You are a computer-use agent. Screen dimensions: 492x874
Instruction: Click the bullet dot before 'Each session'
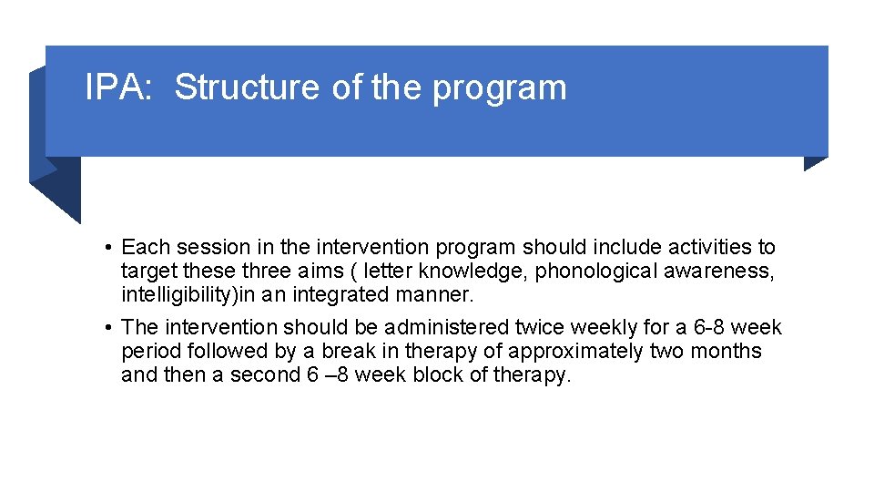click(107, 248)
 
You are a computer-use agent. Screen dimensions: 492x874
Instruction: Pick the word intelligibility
click(178, 295)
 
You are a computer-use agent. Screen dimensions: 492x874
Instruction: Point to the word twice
click(540, 327)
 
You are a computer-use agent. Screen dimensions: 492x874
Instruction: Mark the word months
click(726, 352)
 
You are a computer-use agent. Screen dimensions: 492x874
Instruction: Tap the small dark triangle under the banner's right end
click(815, 163)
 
